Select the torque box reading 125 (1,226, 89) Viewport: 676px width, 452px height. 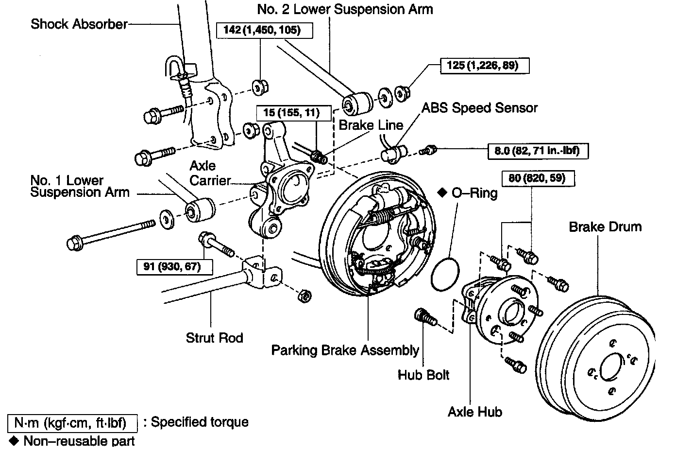[x=484, y=66]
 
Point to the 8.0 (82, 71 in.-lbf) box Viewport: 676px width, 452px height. [x=537, y=151]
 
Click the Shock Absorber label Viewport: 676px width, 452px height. [x=79, y=24]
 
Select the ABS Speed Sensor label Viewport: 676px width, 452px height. [x=479, y=107]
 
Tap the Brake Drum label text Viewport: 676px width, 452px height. [x=605, y=226]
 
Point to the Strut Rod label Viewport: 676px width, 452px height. [x=214, y=337]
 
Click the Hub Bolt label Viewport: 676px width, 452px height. [x=423, y=375]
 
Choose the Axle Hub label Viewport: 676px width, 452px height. [x=474, y=412]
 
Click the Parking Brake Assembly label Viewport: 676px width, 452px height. [x=345, y=350]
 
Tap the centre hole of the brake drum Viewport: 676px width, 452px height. [x=611, y=367]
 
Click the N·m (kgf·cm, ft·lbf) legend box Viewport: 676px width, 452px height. [x=72, y=423]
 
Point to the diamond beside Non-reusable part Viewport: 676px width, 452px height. [x=14, y=441]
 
